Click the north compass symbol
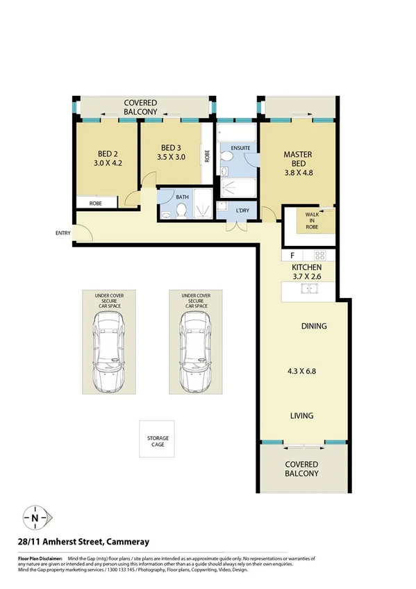coord(35,517)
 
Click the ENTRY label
coord(63,233)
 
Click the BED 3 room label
coord(171,147)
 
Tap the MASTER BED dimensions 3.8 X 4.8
coord(298,166)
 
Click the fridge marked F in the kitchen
coord(292,255)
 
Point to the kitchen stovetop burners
coord(319,255)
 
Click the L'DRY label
coord(242,210)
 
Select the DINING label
coord(314,326)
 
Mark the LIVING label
coord(301,416)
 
